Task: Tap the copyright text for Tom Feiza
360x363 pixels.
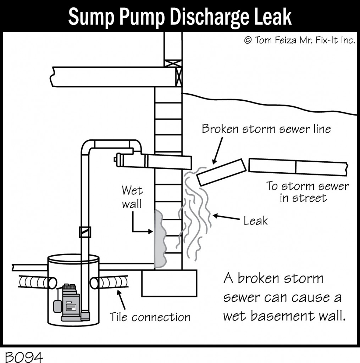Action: (x=300, y=40)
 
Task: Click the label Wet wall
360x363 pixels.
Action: (x=132, y=197)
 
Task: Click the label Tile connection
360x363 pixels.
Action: (x=150, y=317)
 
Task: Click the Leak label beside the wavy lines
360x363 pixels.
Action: (x=255, y=220)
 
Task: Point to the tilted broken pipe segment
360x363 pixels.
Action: (x=221, y=172)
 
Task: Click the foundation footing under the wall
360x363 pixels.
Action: (x=169, y=283)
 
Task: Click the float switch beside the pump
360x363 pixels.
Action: (x=57, y=305)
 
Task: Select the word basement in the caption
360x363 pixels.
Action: (x=280, y=315)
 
